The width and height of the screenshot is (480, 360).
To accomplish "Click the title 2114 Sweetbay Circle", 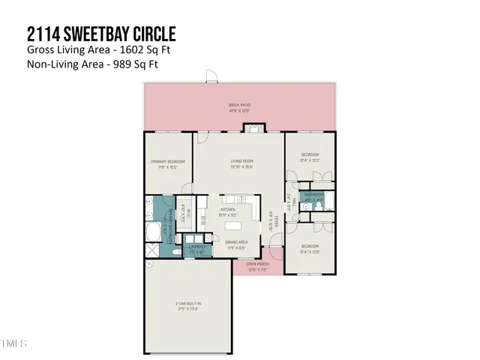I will click(x=101, y=34).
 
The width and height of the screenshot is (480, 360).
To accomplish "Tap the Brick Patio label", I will click(x=239, y=107).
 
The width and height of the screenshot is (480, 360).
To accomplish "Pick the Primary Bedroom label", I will click(x=167, y=163).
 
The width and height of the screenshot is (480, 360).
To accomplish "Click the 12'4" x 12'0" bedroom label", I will click(x=310, y=158).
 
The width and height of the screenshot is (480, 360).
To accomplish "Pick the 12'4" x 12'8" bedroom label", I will click(x=310, y=247).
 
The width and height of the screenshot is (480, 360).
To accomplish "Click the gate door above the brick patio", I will click(x=211, y=76).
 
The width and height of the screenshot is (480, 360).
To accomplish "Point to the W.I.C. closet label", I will click(x=204, y=220).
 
